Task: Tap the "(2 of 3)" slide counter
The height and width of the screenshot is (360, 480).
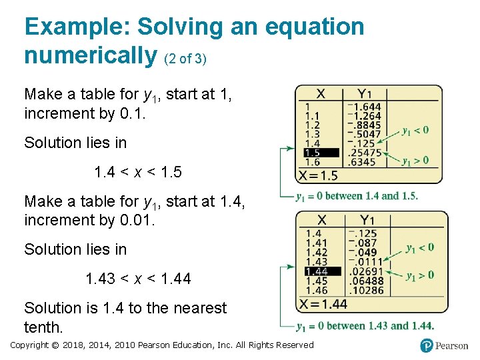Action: tap(185, 59)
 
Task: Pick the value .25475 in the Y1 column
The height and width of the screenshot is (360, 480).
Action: tap(365, 153)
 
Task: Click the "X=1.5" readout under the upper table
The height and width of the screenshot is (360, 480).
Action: tap(319, 175)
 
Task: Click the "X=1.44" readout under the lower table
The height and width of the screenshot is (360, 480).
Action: tap(323, 304)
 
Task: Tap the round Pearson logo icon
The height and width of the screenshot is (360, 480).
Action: tap(427, 345)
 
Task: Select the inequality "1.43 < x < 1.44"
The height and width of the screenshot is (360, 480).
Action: tap(138, 279)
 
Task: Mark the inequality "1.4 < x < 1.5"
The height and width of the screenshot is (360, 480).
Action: tap(138, 172)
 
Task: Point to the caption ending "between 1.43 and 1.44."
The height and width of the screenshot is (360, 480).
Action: tap(365, 326)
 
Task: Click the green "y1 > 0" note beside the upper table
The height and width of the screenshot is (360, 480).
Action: tap(415, 160)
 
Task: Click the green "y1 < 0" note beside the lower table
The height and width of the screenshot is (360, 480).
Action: tap(420, 247)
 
